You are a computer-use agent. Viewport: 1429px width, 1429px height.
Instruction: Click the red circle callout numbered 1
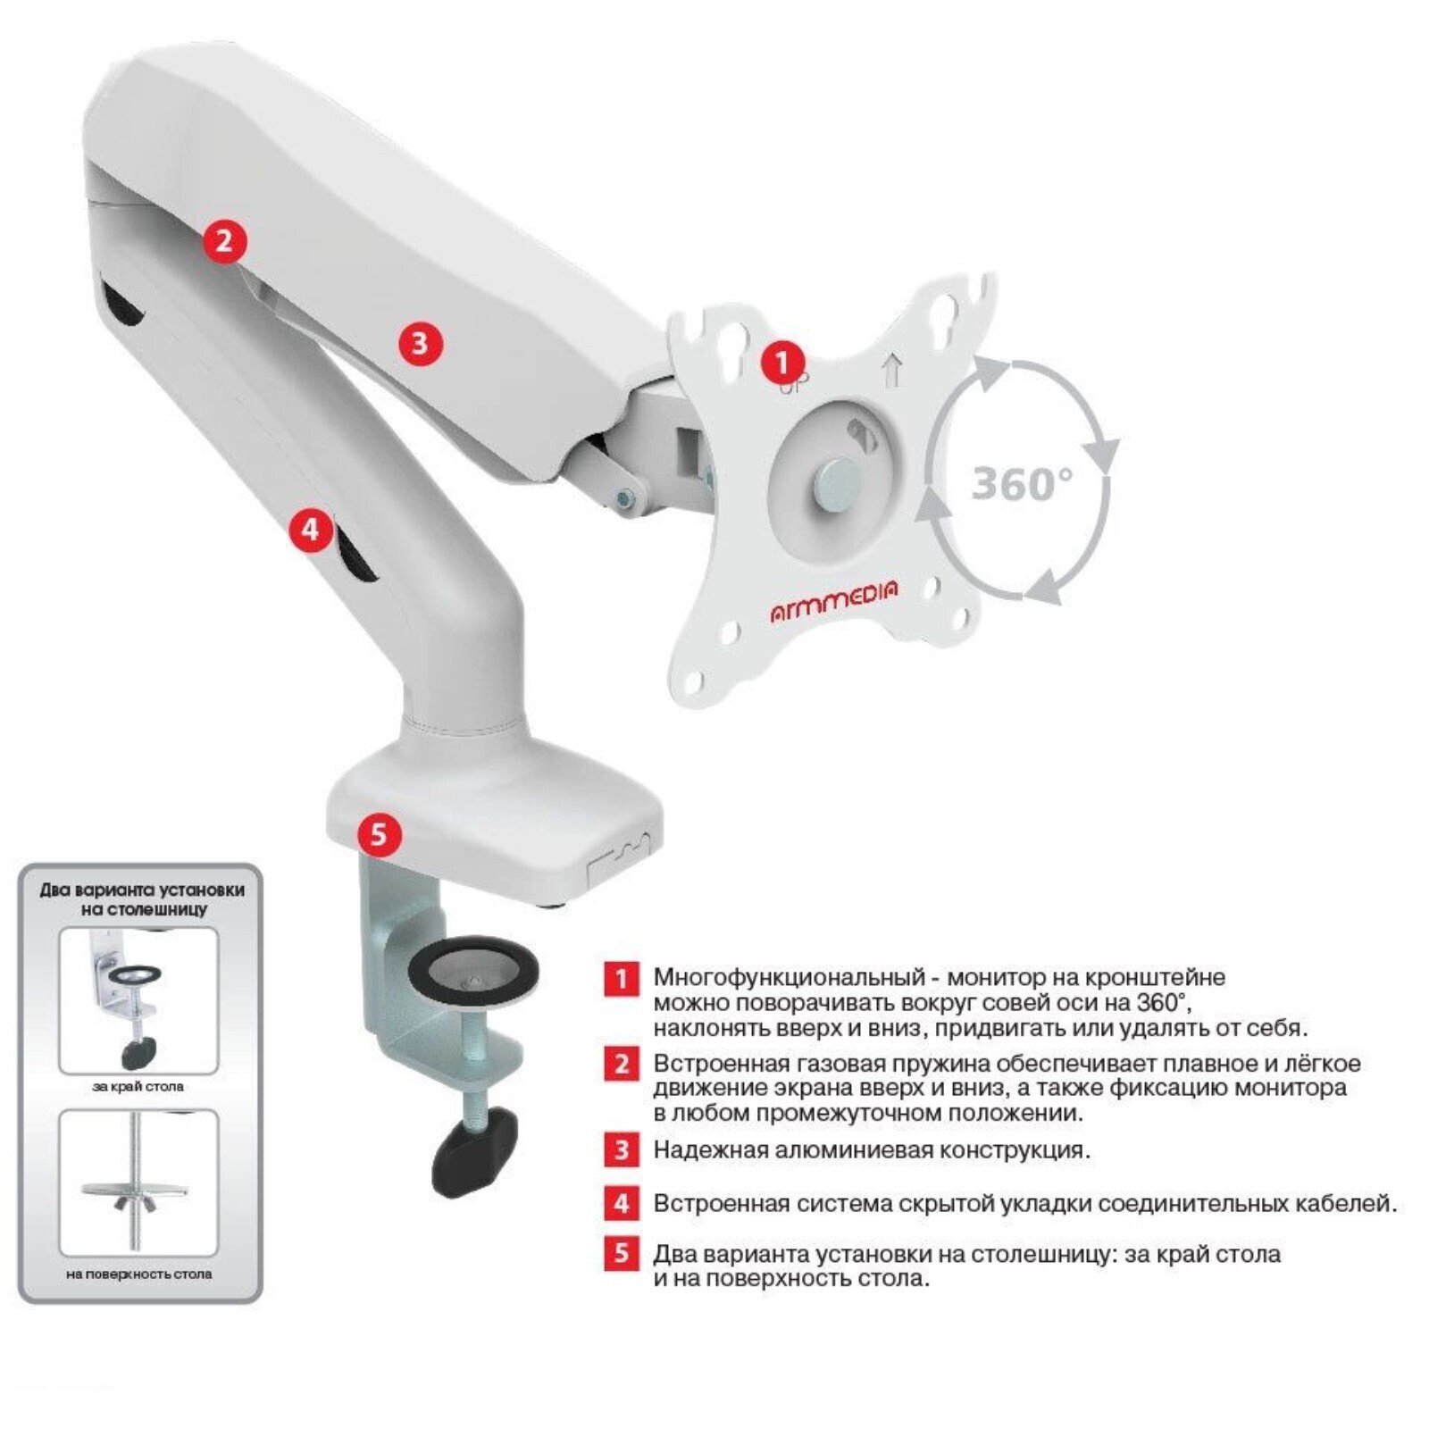782,364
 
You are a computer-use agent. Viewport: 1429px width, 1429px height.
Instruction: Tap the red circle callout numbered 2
224,241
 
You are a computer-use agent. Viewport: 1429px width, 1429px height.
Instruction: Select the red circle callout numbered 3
420,343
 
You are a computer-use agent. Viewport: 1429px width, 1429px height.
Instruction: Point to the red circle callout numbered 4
310,530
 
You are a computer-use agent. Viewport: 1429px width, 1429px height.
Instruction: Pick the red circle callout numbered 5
380,834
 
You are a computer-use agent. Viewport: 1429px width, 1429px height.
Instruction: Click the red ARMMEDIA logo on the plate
834,601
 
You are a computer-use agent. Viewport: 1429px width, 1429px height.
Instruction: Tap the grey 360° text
1022,483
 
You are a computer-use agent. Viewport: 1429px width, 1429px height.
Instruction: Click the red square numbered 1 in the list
622,978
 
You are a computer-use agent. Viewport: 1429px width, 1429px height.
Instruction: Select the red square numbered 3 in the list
622,1149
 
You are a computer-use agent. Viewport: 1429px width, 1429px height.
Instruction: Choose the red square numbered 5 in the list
622,1253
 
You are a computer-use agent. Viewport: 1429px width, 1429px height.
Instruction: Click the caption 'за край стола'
138,1087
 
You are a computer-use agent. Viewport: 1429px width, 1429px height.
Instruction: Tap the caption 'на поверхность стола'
138,1274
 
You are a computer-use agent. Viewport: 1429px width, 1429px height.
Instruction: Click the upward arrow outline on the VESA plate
892,371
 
